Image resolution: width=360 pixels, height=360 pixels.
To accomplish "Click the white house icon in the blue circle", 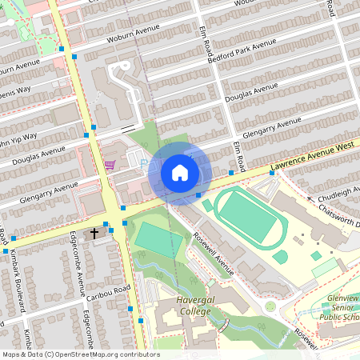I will (180, 172).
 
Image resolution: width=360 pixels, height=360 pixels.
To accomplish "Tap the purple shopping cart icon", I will (109, 165).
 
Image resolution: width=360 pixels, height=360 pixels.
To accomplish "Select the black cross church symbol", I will (94, 234).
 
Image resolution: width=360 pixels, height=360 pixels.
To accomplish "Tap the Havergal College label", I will (178, 305).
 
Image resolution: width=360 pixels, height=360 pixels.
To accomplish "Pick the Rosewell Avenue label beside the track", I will (212, 254).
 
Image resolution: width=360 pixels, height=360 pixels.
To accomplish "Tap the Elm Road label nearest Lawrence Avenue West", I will (238, 154).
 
